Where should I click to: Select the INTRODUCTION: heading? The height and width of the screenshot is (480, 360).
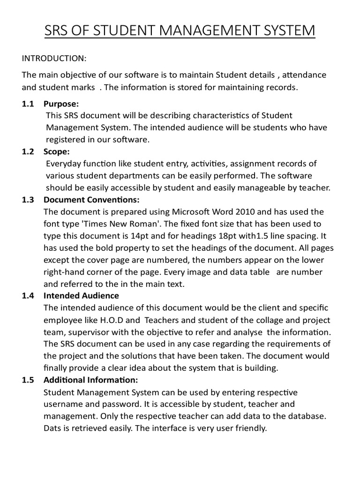(54, 58)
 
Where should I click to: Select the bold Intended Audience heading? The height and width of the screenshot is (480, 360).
(81, 296)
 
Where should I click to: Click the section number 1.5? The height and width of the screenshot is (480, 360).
(28, 380)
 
